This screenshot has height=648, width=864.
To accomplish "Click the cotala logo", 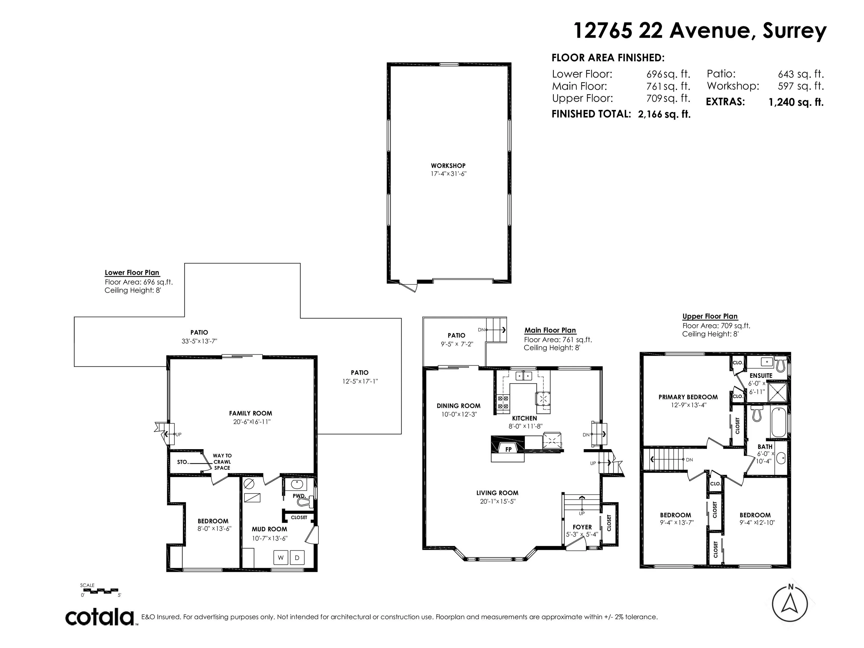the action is coord(100,618).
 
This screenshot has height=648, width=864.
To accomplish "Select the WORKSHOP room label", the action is coord(448,166).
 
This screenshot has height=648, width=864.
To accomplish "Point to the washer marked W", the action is coord(280,557).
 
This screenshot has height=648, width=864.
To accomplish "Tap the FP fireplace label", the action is coord(508,449).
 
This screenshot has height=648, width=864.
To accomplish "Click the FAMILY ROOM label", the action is coord(250,413).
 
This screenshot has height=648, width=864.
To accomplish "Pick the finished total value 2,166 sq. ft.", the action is coord(664,114).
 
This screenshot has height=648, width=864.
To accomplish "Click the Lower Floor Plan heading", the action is coord(132,273).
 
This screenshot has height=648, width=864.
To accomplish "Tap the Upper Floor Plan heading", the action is coord(710,316).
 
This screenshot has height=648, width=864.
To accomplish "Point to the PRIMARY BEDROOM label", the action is coord(688,397).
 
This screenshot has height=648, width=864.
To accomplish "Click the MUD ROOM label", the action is coord(269,529).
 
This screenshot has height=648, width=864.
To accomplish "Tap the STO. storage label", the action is coord(183,462).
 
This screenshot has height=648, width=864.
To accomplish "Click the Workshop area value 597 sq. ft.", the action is coord(800,86).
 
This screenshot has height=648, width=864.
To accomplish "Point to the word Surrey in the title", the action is coord(795,31).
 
